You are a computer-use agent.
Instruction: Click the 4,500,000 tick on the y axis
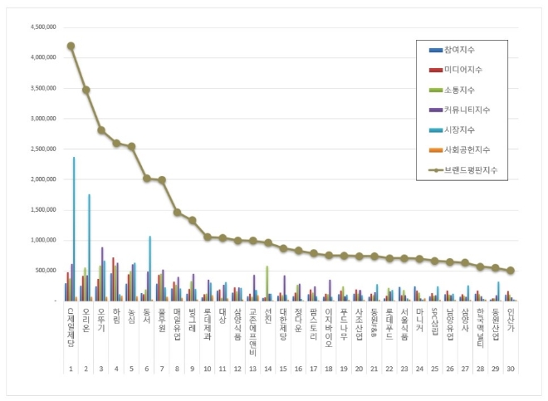tap(42, 27)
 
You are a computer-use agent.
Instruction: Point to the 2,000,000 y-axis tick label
tap(42, 179)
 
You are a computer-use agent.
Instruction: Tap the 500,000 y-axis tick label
tap(45, 271)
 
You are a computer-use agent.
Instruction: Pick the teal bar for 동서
tap(150, 268)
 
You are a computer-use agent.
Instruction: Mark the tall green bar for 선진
tap(267, 283)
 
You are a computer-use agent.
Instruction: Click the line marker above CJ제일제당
tap(71, 46)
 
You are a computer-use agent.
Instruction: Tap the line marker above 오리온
tap(86, 90)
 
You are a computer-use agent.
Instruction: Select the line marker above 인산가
tap(511, 271)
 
